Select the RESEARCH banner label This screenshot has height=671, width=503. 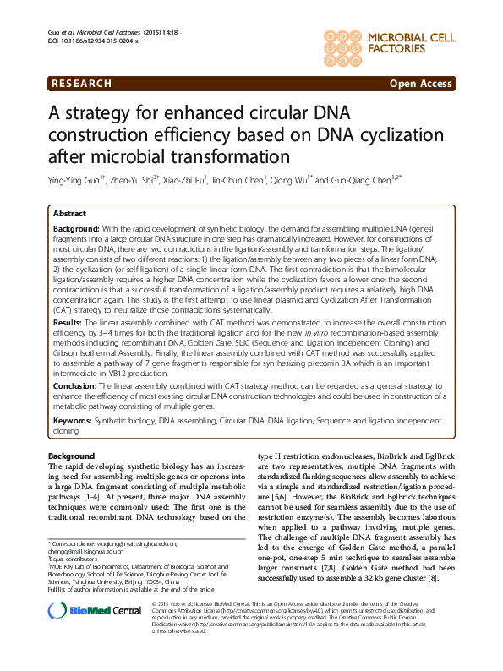point(82,84)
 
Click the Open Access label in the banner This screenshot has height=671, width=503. point(419,84)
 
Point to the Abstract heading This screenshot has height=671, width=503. point(70,215)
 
